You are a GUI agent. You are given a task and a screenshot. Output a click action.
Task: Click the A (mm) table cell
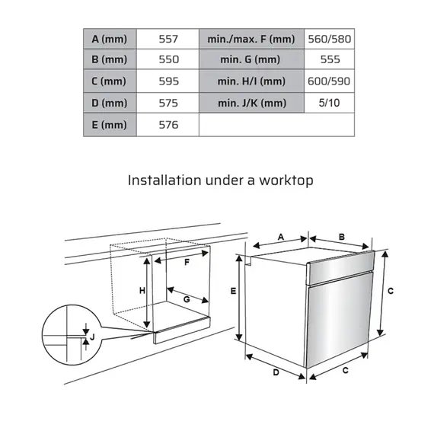pos(109,38)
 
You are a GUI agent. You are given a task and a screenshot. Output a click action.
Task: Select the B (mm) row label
pos(109,59)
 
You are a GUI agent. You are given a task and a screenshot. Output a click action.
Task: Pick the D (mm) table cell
pos(109,103)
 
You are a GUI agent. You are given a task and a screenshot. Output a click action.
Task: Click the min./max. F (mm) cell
pos(251,38)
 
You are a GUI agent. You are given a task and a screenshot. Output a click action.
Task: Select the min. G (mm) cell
pos(251,59)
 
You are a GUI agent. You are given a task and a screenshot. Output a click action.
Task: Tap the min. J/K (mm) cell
pos(251,103)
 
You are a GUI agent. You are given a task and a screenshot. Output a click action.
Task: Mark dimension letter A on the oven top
pos(281,238)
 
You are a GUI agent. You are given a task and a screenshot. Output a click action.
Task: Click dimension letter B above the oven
pos(342,237)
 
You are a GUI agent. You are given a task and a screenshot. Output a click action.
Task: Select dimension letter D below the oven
pos(276,372)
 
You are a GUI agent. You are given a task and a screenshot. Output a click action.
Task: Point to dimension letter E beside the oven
pos(234,291)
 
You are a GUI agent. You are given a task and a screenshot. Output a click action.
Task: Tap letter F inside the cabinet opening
pos(187,262)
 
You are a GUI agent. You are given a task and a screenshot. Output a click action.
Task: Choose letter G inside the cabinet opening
pos(186,299)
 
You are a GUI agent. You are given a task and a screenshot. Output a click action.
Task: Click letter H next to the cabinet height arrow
pos(142,291)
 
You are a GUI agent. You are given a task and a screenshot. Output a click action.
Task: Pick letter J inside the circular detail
pos(91,336)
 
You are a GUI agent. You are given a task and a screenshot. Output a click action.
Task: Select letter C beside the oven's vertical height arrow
pos(390,291)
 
